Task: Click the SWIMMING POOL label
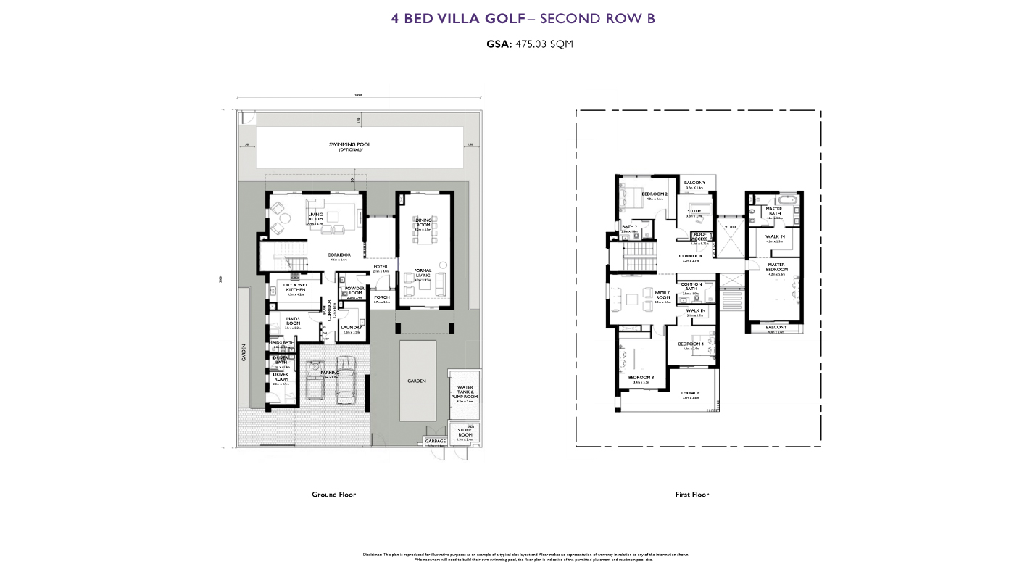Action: [349, 145]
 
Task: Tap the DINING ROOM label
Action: [423, 222]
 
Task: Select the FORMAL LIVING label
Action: [423, 273]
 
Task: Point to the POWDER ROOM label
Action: [354, 290]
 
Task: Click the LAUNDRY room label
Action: [352, 328]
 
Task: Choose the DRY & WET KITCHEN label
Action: [295, 287]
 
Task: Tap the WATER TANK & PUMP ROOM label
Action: [464, 392]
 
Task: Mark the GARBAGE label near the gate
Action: [435, 441]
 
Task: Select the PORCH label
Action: [381, 297]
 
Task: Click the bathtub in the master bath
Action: [787, 198]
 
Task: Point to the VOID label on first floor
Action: [730, 227]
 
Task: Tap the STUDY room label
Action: [694, 211]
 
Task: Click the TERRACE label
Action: [690, 393]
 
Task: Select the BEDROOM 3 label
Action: [641, 378]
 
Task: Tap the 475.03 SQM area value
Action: [544, 44]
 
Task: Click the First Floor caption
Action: [691, 495]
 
